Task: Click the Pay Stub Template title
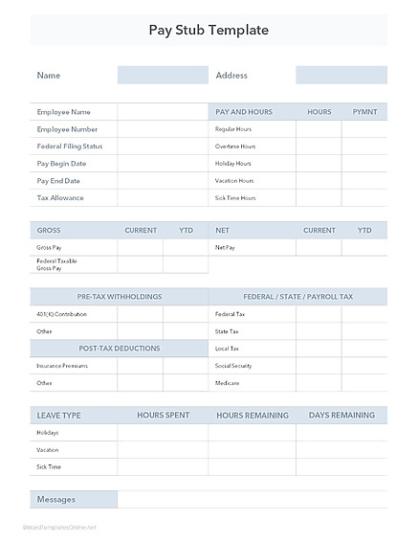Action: coord(209,30)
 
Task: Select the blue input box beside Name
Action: coord(163,75)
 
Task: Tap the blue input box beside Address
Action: coord(341,75)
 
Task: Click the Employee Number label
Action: coord(67,129)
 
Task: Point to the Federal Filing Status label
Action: coord(69,147)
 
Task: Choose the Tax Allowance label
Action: coord(60,198)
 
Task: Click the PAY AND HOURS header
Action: coord(244,112)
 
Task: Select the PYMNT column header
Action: coord(364,112)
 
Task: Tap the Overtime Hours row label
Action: coord(235,147)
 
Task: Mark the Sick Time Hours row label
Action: coord(235,198)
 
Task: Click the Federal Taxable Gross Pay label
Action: coord(56,264)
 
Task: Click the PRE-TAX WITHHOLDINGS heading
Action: coord(120,297)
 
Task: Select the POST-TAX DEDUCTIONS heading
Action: coord(120,349)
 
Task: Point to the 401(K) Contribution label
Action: coord(61,314)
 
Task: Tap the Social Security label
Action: coord(233,366)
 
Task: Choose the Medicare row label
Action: coord(227,383)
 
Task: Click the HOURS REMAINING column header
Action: coord(252,416)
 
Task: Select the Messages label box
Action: coord(74,500)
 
